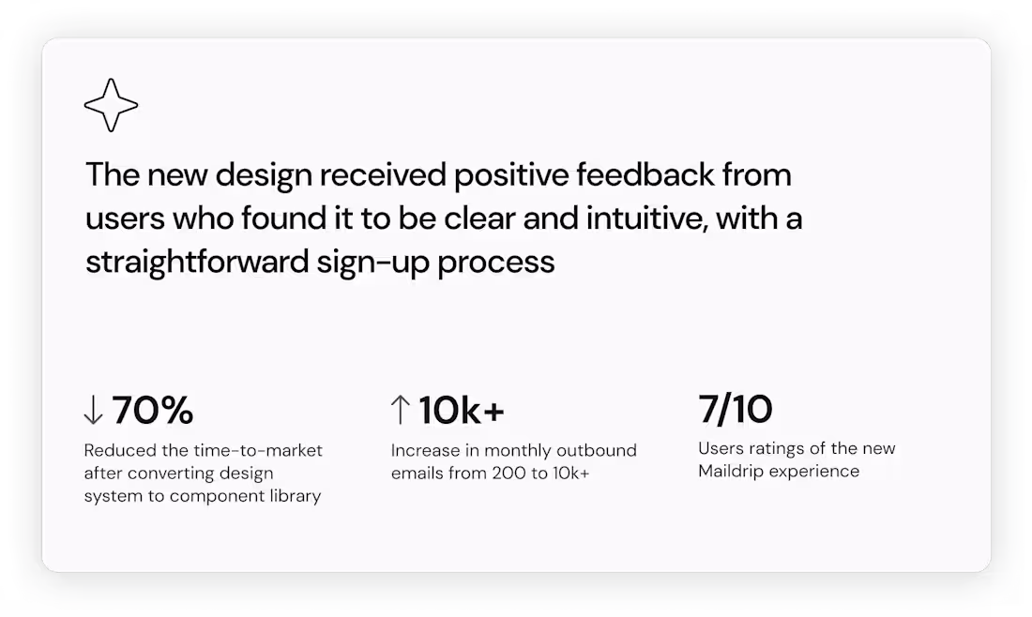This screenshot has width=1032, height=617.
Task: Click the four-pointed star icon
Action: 111,104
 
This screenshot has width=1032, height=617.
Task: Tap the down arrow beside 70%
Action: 93,411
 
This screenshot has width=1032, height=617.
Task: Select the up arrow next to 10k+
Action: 400,411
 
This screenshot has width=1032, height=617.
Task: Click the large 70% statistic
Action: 153,411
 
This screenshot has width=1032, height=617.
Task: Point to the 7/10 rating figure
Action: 736,410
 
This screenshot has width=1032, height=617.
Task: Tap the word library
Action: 295,496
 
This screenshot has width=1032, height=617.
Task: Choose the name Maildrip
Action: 735,471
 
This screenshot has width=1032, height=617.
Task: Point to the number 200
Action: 510,474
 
